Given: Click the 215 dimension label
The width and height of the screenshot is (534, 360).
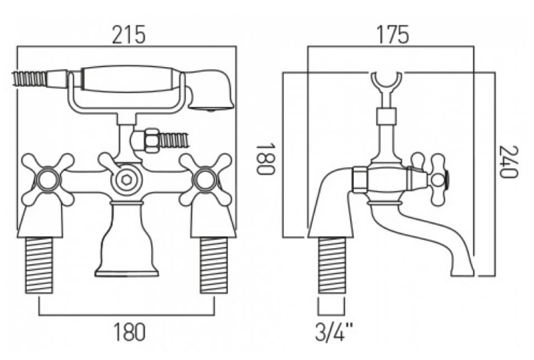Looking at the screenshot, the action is [128, 35].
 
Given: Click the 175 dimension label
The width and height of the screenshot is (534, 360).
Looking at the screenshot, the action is [392, 35].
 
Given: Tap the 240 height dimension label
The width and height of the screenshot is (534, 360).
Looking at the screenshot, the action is [508, 162].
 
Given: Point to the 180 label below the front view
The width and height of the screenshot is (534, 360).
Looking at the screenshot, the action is [128, 332].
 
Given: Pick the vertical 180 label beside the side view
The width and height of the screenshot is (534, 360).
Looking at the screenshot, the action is [265, 159].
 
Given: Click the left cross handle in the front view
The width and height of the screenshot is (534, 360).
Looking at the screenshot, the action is [47, 179].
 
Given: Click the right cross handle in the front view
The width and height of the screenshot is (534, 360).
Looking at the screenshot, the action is [206, 179].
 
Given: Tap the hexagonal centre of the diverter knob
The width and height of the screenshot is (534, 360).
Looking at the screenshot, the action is [126, 179].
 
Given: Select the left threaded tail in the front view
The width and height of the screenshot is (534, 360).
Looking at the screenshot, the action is [40, 265].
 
